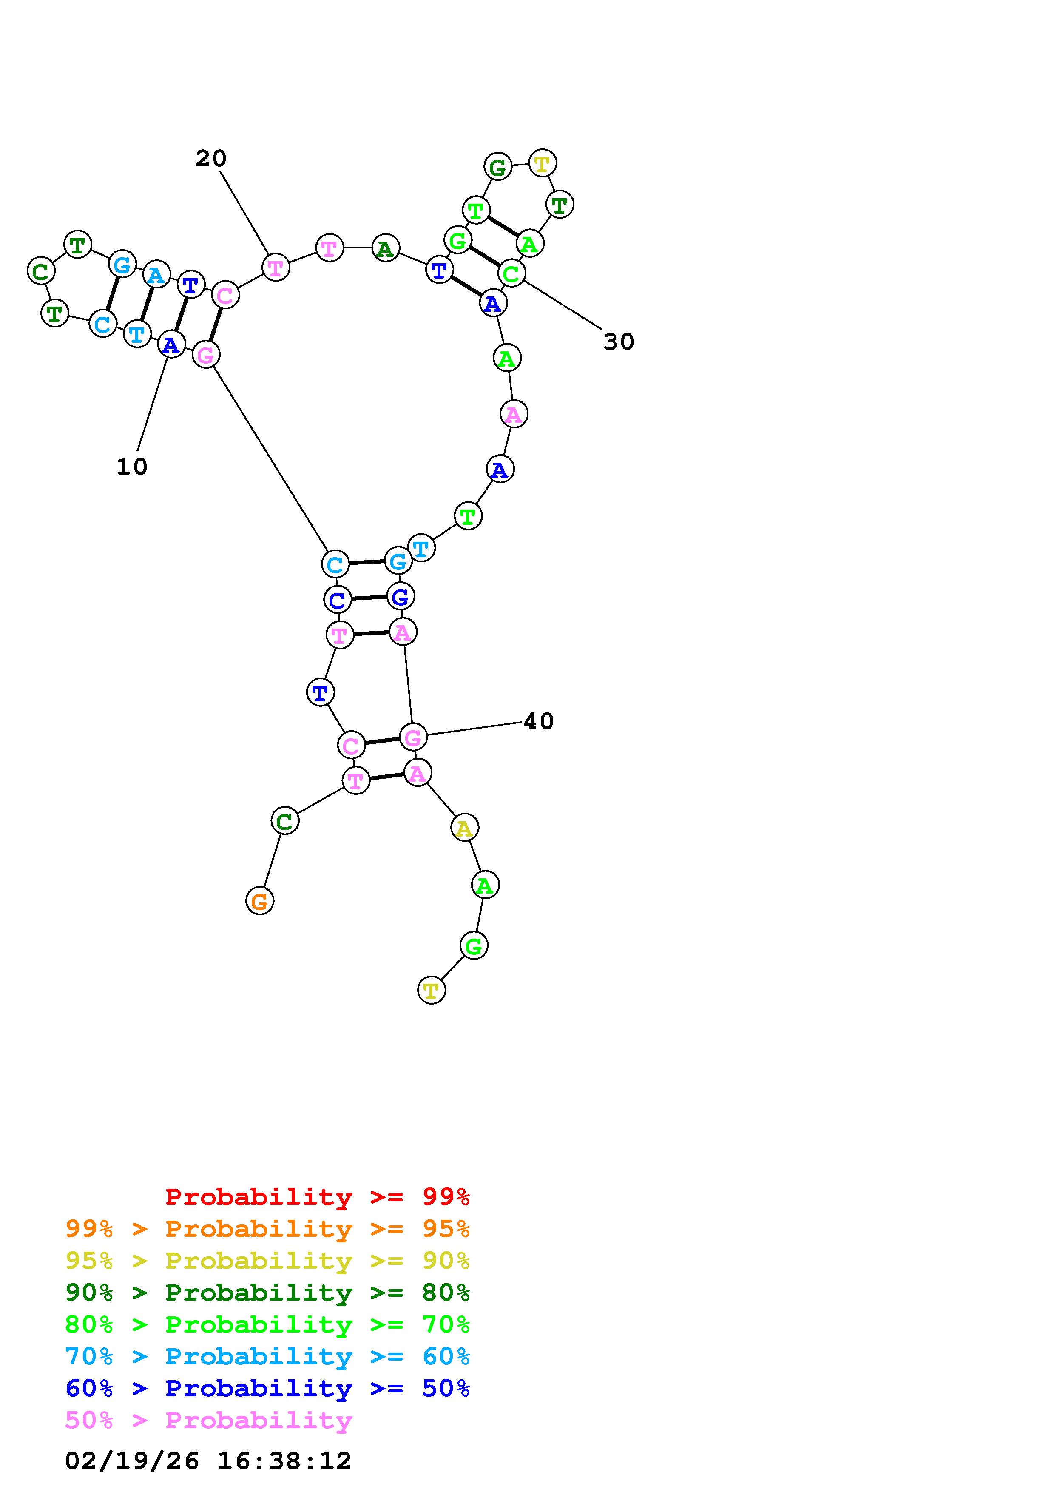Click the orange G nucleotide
pos(260,901)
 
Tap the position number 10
pos(132,467)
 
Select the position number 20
pos(211,159)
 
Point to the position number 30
pos(618,342)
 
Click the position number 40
pos(538,721)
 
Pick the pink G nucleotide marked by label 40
pos(413,737)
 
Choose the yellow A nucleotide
pos(464,828)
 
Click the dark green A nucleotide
pos(385,248)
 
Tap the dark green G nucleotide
pos(497,168)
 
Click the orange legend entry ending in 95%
pos(267,1229)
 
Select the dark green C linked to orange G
pos(284,821)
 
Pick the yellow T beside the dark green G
pos(542,163)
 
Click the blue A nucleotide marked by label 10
pos(171,345)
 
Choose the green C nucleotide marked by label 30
pos(512,273)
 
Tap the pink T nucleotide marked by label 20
pos(276,267)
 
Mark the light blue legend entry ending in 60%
pos(267,1357)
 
